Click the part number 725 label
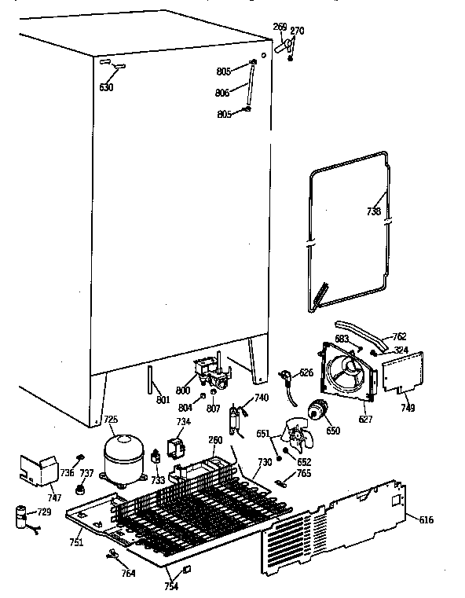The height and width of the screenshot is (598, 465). tap(111, 420)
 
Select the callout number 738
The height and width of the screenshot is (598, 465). tap(373, 211)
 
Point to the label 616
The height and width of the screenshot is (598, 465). tap(424, 520)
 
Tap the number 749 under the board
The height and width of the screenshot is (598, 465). tap(408, 408)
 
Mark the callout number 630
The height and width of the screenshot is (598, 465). tap(106, 87)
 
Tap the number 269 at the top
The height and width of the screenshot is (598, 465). tap(280, 27)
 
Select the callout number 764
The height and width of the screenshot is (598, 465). tap(128, 573)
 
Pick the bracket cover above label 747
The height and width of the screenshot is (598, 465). tap(38, 469)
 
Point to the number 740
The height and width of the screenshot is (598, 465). tap(261, 398)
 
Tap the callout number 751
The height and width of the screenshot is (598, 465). tap(75, 542)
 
